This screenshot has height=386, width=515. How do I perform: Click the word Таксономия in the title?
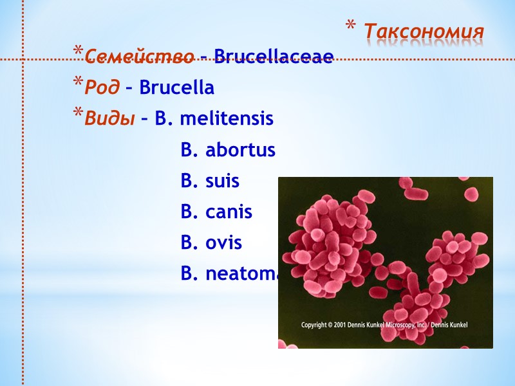(424, 31)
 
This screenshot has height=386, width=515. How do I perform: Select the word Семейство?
(139, 57)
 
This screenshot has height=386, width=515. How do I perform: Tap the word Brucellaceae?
(273, 57)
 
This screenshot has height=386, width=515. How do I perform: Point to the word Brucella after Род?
(176, 87)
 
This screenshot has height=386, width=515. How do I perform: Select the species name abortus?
(240, 151)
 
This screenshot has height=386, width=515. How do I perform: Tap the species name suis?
(222, 181)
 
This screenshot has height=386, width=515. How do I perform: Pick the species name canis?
(229, 212)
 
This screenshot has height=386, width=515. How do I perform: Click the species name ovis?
(223, 243)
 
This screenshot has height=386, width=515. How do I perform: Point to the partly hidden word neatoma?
(241, 274)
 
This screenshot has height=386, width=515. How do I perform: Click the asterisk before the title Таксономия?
(351, 26)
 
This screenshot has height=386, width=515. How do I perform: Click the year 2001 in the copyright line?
(341, 326)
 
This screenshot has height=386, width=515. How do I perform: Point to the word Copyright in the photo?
(315, 326)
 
